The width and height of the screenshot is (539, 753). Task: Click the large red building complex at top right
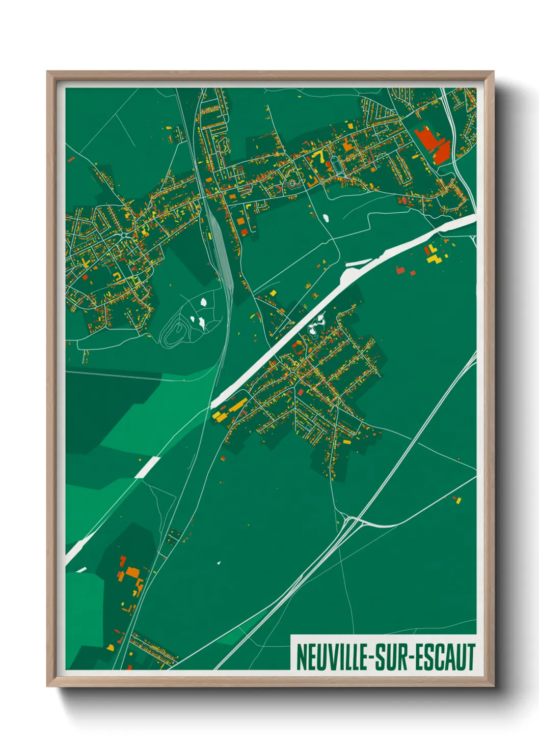[x=433, y=144]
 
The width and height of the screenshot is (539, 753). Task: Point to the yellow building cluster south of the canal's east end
[x=433, y=254]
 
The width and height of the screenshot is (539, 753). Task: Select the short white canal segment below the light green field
[x=147, y=467]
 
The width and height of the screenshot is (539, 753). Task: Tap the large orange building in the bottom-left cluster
[x=132, y=573]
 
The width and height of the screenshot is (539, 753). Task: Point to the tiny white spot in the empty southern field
[x=219, y=563]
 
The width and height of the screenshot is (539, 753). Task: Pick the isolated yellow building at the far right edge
[x=458, y=500]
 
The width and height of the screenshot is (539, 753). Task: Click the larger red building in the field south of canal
[x=400, y=270]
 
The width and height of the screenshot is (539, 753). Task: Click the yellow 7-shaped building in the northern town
[x=320, y=155]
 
